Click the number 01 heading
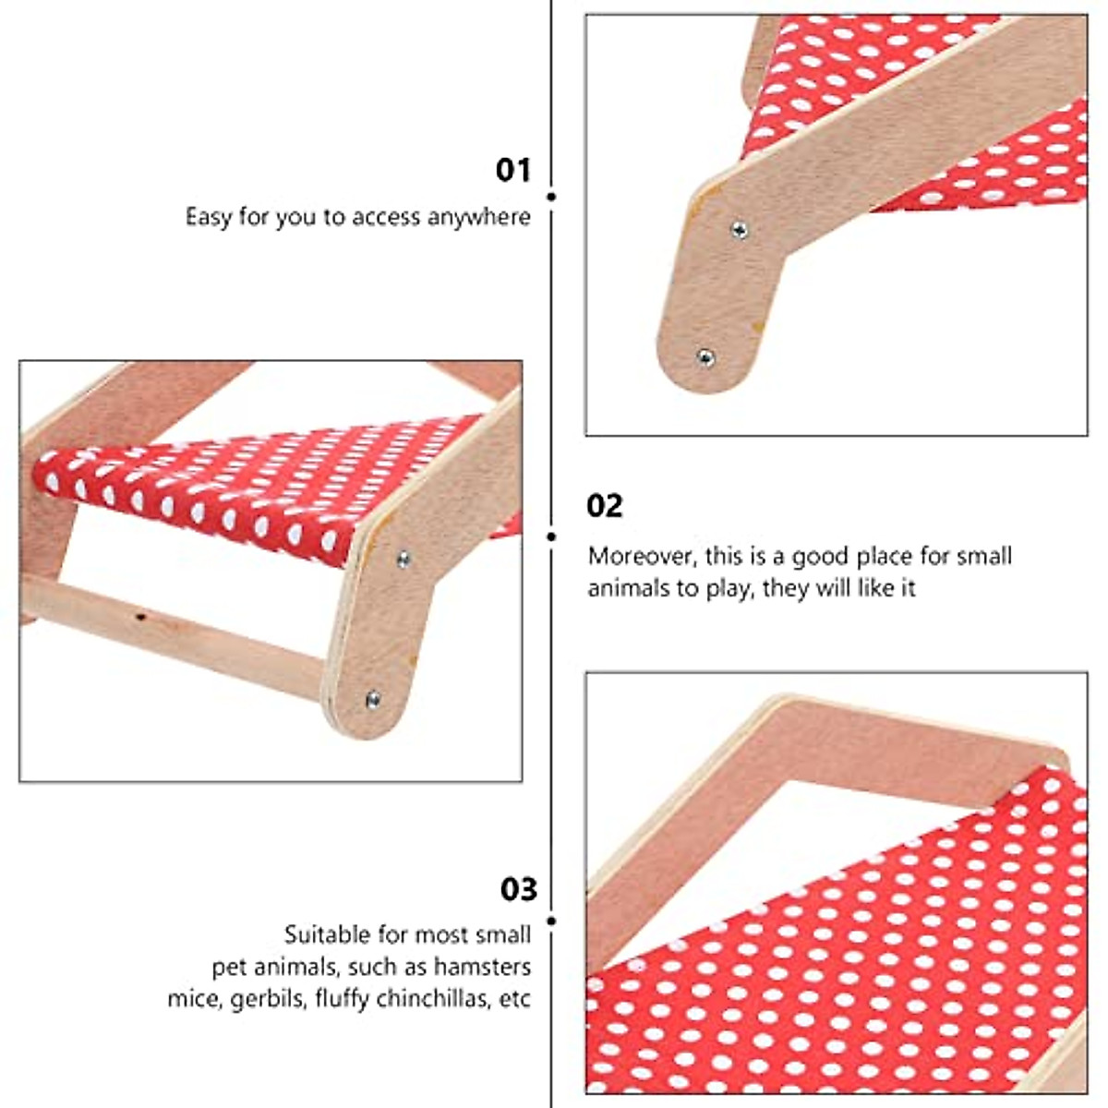coord(513,170)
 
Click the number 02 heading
coord(605,506)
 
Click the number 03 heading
coord(518,889)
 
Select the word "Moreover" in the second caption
coord(642,556)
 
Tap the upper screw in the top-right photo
coord(739,230)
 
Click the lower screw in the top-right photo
coord(705,355)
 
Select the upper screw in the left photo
coord(403,558)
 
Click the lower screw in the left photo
coord(373,700)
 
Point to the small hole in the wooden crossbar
coord(138,614)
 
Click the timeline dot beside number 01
coord(551,197)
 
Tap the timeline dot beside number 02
coord(551,536)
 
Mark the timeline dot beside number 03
coord(551,921)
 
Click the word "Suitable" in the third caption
coord(324,934)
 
